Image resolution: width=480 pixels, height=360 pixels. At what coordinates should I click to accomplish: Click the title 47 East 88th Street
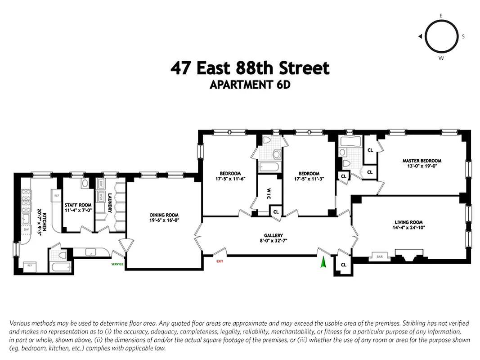(250, 68)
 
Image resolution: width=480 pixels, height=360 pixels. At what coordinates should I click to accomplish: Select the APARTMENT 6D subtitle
(250, 85)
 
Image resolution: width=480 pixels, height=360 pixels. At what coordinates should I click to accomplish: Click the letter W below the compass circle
(441, 58)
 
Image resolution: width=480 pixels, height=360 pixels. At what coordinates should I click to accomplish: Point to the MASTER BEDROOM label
(422, 161)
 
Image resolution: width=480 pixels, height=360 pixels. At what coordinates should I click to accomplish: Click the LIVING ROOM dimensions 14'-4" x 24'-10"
(409, 228)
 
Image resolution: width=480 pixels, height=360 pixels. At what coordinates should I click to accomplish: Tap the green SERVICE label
(117, 264)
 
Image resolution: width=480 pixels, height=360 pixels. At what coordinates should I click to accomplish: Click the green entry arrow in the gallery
(322, 262)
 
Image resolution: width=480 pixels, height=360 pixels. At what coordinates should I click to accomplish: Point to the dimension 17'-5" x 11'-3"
(309, 179)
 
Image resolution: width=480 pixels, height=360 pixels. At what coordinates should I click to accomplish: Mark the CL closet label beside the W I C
(276, 211)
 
